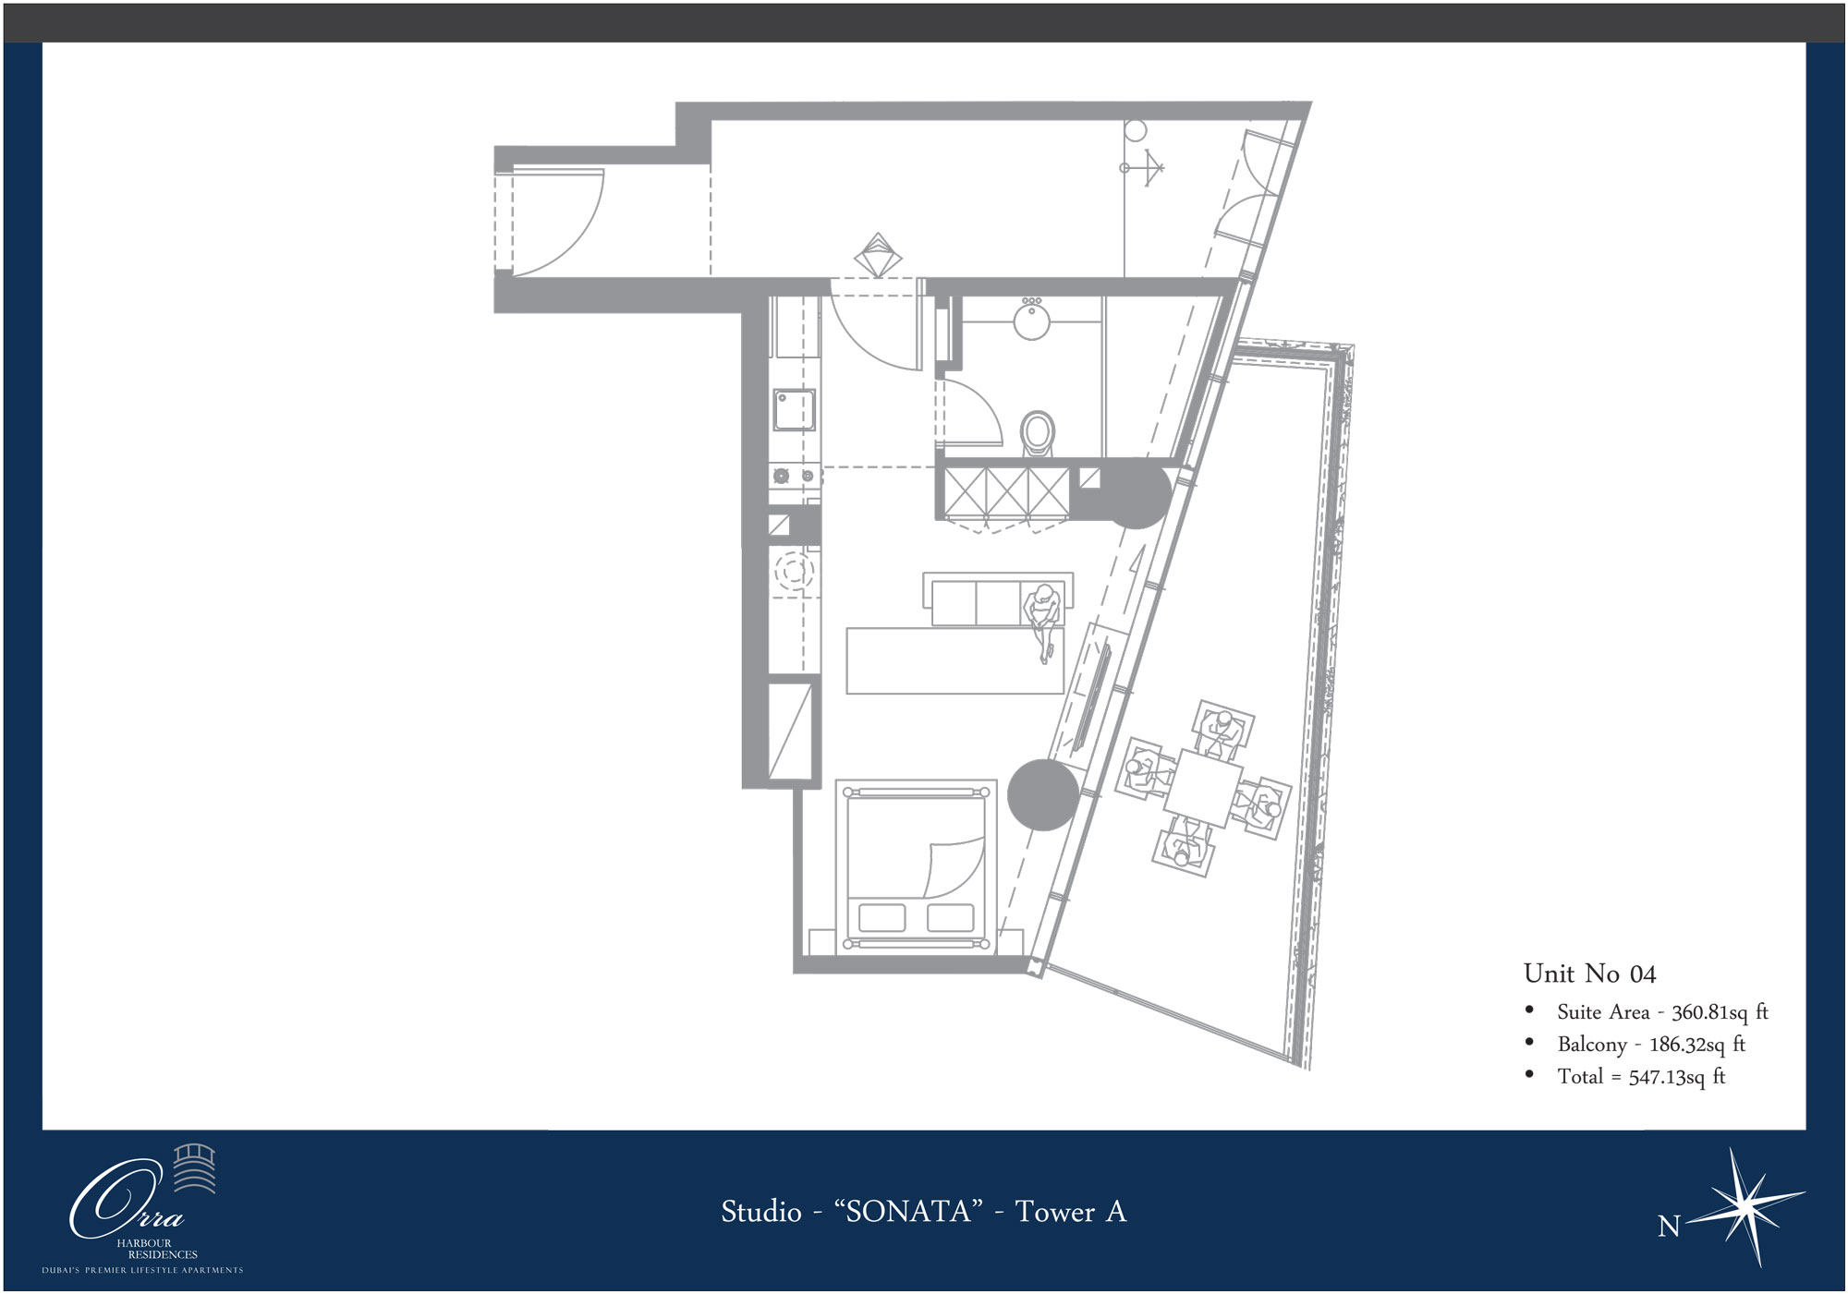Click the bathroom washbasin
pos(1031,319)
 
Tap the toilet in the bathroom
pos(1038,434)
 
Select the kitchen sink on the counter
pos(795,410)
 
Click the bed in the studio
pos(916,865)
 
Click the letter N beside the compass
pos(1668,1227)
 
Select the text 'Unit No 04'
pos(1589,974)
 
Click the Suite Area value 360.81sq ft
pos(1720,1012)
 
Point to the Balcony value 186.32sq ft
pos(1697,1045)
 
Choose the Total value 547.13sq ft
pos(1677,1077)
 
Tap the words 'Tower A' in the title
pos(1071,1211)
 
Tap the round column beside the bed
pos(1043,795)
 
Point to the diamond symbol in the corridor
pos(878,254)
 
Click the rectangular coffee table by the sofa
pos(955,660)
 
